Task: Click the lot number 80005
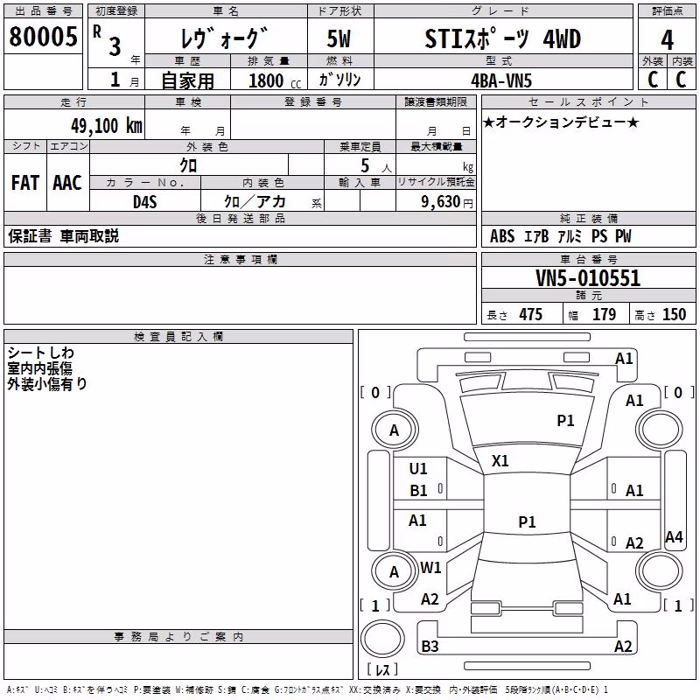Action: coord(43,37)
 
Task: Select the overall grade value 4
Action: coord(667,40)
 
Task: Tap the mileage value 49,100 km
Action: coord(107,126)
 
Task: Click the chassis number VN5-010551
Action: coord(588,278)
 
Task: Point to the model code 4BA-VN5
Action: coord(501,80)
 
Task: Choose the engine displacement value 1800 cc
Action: coord(275,81)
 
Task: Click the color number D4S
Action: coord(144,202)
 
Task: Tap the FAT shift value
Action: coord(25,183)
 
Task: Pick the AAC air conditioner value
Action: coord(67,183)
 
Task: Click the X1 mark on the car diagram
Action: coord(500,461)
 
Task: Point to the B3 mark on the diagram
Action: coord(430,646)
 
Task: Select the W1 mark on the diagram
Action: coord(430,567)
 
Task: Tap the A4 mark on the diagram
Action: coord(674,536)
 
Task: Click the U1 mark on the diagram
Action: coord(418,469)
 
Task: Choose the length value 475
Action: coord(530,315)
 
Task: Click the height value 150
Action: coord(674,315)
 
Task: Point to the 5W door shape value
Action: coord(339,38)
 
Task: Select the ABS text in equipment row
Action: coord(502,236)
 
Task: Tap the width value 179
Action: coord(604,315)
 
